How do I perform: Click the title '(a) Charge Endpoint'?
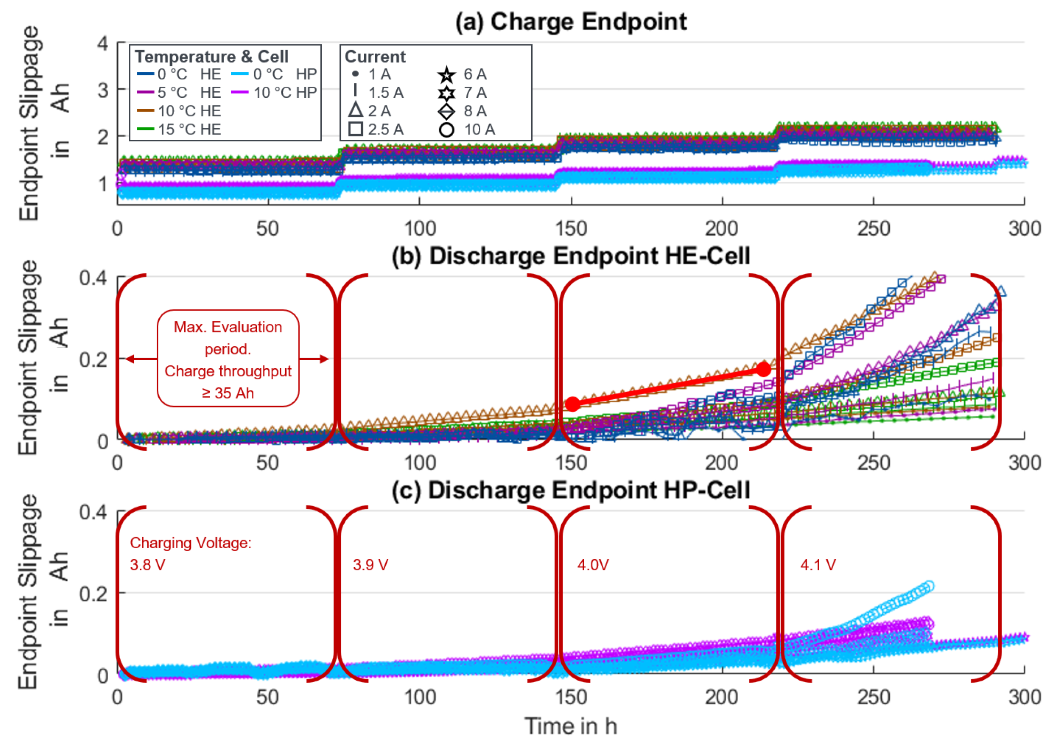click(x=571, y=22)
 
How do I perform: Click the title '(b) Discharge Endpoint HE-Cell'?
click(x=571, y=256)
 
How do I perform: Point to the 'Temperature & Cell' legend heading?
click(x=211, y=57)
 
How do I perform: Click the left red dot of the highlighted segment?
click(x=572, y=404)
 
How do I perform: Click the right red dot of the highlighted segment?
click(x=763, y=369)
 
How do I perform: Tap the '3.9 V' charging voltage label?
click(x=371, y=565)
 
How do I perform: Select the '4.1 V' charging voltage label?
click(x=818, y=565)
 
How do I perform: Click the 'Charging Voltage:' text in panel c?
click(x=191, y=543)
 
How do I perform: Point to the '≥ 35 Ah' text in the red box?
click(x=228, y=393)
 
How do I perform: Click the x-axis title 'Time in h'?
click(x=571, y=726)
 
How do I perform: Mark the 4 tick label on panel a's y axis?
click(x=103, y=44)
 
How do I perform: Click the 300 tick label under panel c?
click(x=1024, y=697)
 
